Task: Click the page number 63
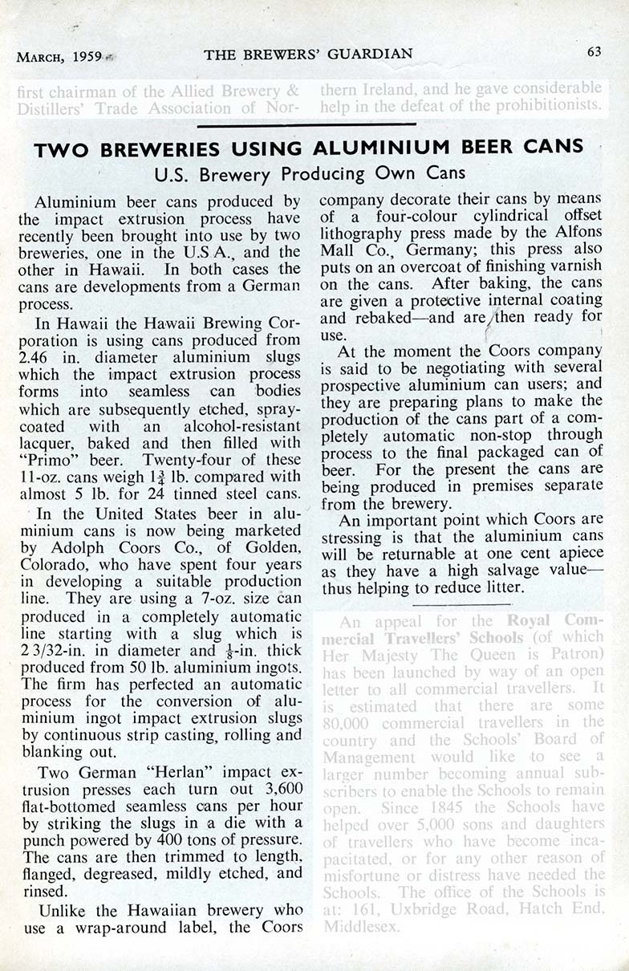click(x=594, y=52)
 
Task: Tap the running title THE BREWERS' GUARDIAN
click(x=308, y=54)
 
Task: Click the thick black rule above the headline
click(x=307, y=124)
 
